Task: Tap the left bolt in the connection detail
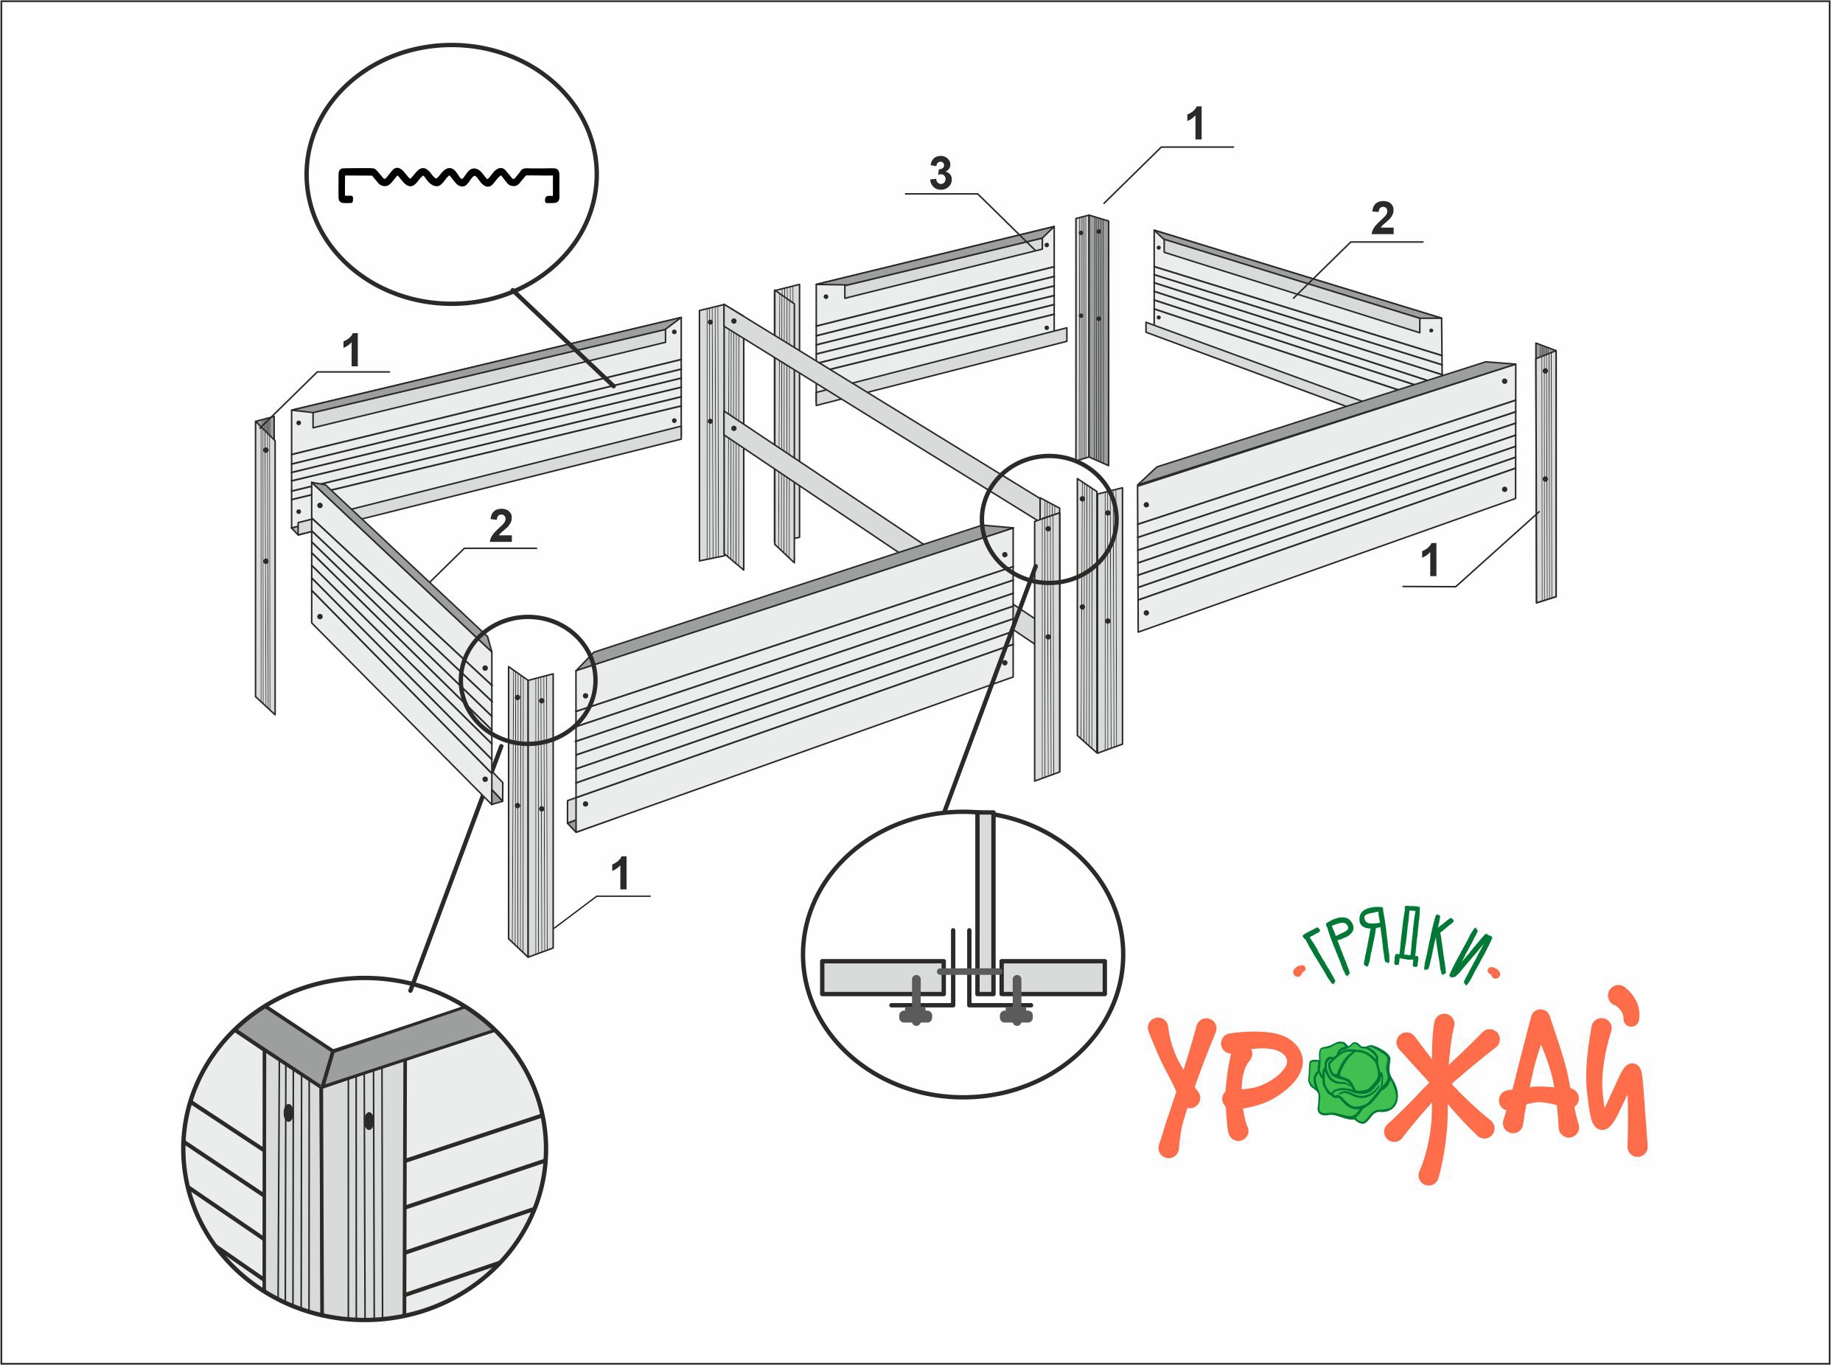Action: [x=916, y=1002]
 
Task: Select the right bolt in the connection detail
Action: [x=1016, y=1002]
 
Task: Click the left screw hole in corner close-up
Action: [x=288, y=1113]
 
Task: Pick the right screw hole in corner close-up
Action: [x=369, y=1121]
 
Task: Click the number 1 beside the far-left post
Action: [x=353, y=350]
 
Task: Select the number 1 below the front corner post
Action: [x=621, y=873]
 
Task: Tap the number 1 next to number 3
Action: [x=1196, y=124]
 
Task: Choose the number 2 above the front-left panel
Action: [x=501, y=526]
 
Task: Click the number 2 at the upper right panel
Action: [x=1383, y=218]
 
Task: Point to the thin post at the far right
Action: [x=1546, y=472]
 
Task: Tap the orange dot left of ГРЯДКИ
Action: [x=1298, y=971]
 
